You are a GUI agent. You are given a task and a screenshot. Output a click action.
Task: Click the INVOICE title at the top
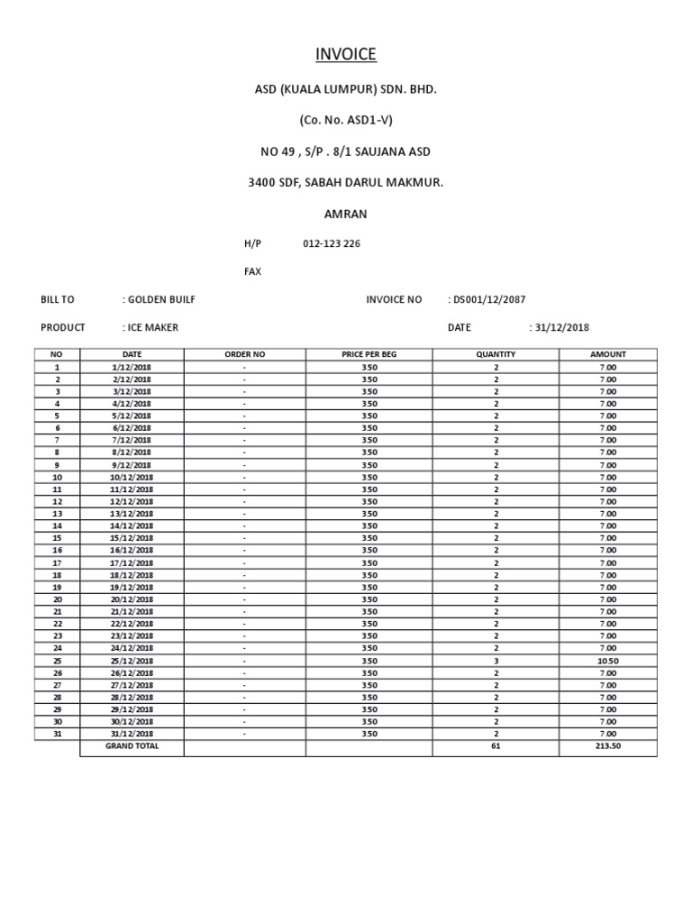click(346, 55)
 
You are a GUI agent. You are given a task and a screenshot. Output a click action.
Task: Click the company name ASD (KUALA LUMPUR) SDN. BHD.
click(346, 90)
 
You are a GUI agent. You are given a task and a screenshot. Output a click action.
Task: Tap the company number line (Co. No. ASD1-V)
click(346, 119)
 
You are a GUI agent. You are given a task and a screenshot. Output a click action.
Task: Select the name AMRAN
click(346, 215)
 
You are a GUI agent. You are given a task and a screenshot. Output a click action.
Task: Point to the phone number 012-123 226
click(332, 243)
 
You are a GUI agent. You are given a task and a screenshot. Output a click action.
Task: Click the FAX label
click(252, 271)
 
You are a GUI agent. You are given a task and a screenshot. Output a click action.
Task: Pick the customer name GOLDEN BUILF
click(161, 299)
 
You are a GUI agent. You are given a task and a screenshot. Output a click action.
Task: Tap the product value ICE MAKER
click(152, 327)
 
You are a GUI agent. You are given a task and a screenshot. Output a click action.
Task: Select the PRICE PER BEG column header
click(369, 354)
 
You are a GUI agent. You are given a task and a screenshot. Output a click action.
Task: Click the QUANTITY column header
click(496, 354)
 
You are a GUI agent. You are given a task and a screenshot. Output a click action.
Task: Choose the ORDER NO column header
click(244, 354)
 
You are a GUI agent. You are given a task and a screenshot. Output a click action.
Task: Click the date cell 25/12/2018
click(132, 661)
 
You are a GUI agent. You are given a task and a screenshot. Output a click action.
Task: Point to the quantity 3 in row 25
click(496, 661)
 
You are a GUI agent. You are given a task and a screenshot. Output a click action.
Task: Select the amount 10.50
click(608, 661)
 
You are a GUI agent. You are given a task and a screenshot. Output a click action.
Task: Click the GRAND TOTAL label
click(132, 746)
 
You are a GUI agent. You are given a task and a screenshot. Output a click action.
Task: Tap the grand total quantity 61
click(496, 746)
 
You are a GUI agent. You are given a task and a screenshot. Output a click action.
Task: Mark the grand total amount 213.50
click(608, 746)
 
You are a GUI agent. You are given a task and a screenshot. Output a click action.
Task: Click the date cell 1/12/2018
click(132, 367)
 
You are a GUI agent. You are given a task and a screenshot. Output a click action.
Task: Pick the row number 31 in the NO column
click(58, 734)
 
